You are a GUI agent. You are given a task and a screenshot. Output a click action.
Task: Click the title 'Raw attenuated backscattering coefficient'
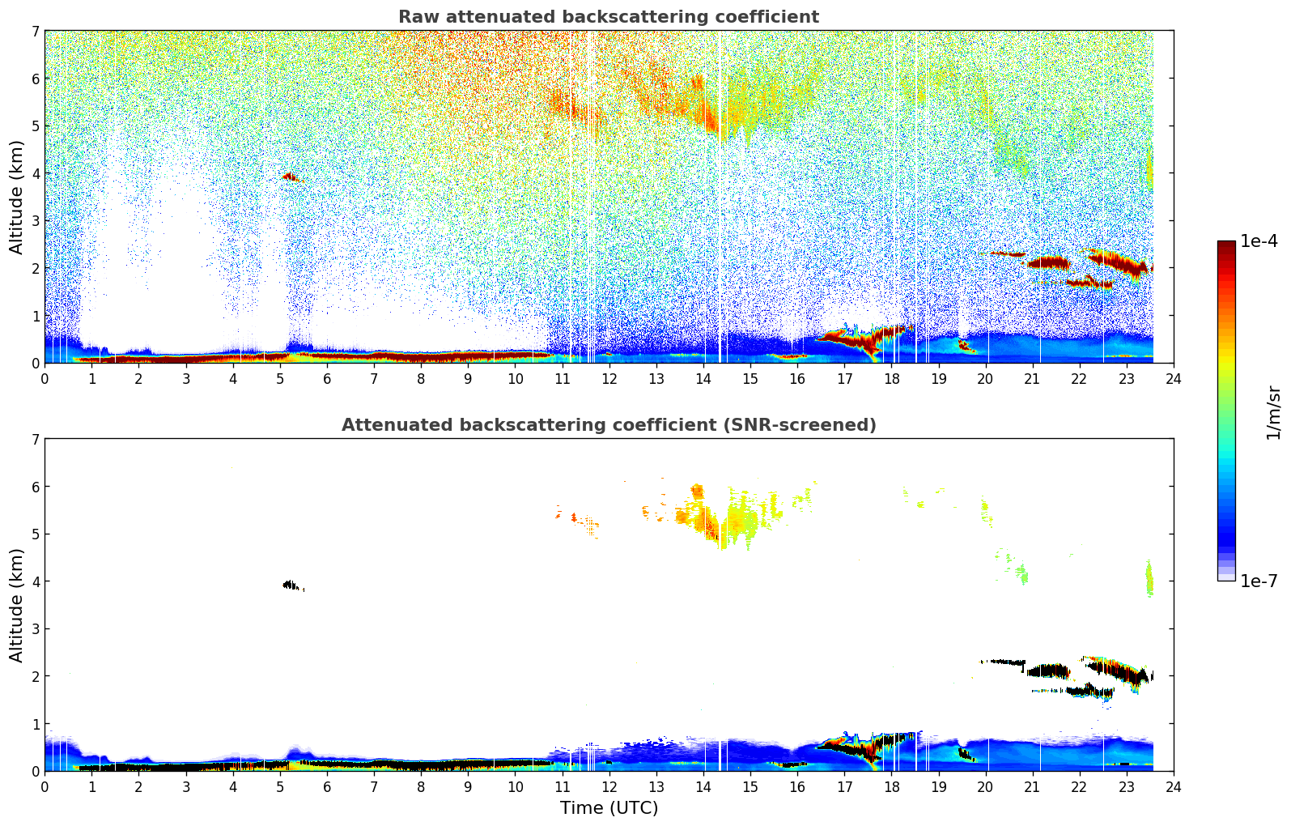coord(608,17)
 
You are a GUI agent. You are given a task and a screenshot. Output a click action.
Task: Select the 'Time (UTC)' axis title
coord(609,808)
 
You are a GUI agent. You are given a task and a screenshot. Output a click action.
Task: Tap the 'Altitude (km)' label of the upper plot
coord(17,197)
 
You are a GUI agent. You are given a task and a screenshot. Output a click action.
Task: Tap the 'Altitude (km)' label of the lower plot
coord(17,605)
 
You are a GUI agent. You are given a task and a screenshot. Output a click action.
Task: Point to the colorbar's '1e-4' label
coord(1259,241)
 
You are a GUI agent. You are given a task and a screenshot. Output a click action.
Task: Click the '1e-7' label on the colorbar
coord(1259,581)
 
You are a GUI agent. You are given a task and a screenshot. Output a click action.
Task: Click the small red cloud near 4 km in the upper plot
coord(290,176)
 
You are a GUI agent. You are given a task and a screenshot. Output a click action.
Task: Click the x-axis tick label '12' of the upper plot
coord(609,378)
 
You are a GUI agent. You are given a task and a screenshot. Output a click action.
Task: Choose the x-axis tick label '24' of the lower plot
coord(1173,786)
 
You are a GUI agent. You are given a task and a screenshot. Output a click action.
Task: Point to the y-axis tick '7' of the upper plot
coord(36,32)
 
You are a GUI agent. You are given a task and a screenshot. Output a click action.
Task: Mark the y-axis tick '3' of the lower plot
coord(36,629)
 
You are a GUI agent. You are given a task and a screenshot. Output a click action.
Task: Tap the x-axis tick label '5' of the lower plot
coord(280,786)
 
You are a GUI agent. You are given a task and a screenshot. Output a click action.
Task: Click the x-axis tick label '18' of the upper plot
coord(891,378)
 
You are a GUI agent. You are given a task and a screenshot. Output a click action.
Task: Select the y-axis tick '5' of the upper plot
coord(36,126)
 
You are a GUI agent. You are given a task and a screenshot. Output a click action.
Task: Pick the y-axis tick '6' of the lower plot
coord(36,487)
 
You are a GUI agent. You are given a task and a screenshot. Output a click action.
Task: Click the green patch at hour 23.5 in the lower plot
coord(1149,580)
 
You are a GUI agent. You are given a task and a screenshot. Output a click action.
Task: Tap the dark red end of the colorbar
coord(1226,245)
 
